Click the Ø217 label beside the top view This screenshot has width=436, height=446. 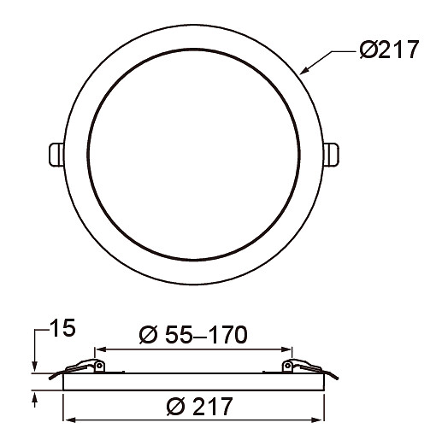[389, 50]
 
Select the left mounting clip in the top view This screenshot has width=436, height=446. [56, 155]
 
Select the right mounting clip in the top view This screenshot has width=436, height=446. [331, 155]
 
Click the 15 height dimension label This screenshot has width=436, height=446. [62, 327]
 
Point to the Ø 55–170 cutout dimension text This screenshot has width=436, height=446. [193, 335]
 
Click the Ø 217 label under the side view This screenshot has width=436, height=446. [200, 407]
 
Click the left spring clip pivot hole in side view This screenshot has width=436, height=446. [99, 366]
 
